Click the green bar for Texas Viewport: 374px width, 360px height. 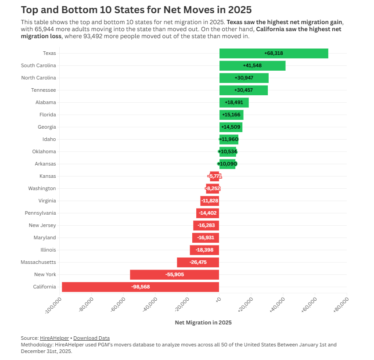point(273,53)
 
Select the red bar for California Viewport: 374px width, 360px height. point(140,287)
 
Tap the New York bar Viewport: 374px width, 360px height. point(174,274)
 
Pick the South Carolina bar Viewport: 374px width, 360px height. point(252,65)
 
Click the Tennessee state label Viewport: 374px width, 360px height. point(43,90)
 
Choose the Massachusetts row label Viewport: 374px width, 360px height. point(38,262)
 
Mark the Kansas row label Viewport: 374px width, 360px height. point(47,176)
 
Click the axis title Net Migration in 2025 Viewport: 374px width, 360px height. point(203,322)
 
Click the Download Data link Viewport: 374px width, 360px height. point(91,338)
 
